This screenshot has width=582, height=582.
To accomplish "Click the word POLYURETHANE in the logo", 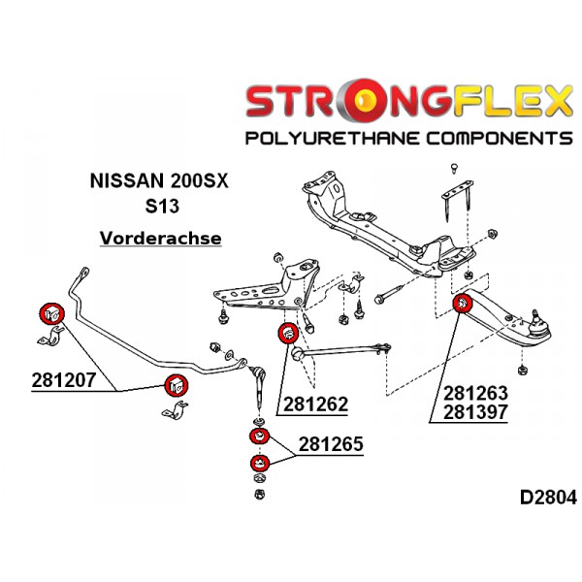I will click(326, 137).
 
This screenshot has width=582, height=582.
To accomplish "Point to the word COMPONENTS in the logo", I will click(492, 137).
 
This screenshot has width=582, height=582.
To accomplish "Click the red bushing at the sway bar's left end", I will click(50, 314).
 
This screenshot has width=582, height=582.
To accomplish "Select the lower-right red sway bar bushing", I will click(176, 385).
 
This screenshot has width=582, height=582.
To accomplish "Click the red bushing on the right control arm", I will click(464, 306).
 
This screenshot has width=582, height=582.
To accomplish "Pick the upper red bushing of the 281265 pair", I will click(259, 435).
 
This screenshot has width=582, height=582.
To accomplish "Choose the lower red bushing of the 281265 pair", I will click(259, 463).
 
